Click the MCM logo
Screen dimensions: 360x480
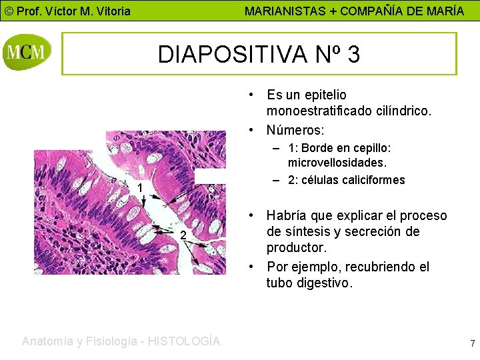click(x=27, y=53)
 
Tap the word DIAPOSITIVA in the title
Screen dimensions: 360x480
click(x=231, y=55)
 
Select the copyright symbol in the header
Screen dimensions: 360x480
click(x=8, y=11)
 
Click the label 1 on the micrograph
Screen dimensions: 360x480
click(x=140, y=189)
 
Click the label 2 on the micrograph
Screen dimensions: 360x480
click(x=182, y=235)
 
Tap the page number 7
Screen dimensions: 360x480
click(x=472, y=344)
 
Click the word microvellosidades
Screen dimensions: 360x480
click(x=337, y=162)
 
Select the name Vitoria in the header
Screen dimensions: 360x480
click(x=110, y=11)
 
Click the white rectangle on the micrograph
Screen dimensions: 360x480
click(x=209, y=176)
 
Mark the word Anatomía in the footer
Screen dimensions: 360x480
click(x=48, y=341)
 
